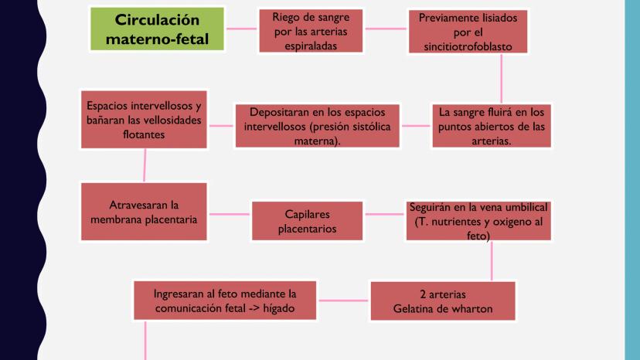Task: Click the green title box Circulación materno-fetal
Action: coord(158,29)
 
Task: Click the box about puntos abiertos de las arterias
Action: coord(491,126)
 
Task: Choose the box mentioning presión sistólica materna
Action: coord(318,126)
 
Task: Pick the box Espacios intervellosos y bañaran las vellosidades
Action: coord(144,121)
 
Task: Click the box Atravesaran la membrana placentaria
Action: coord(144,212)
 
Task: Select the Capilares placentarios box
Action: coord(307,221)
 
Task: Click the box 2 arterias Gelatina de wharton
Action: coord(443,301)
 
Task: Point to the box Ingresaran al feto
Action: coord(225,301)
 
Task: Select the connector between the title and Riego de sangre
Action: coord(241,30)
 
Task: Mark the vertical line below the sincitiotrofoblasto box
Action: coord(501,80)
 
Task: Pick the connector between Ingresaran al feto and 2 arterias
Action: coord(344,301)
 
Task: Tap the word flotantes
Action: coord(144,134)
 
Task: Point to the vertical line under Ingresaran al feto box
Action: coord(145,340)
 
